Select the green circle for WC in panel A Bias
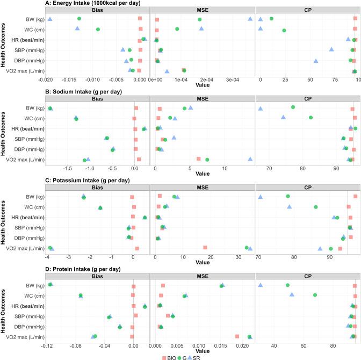click(x=97, y=30)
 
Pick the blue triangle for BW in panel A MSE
click(x=250, y=19)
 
